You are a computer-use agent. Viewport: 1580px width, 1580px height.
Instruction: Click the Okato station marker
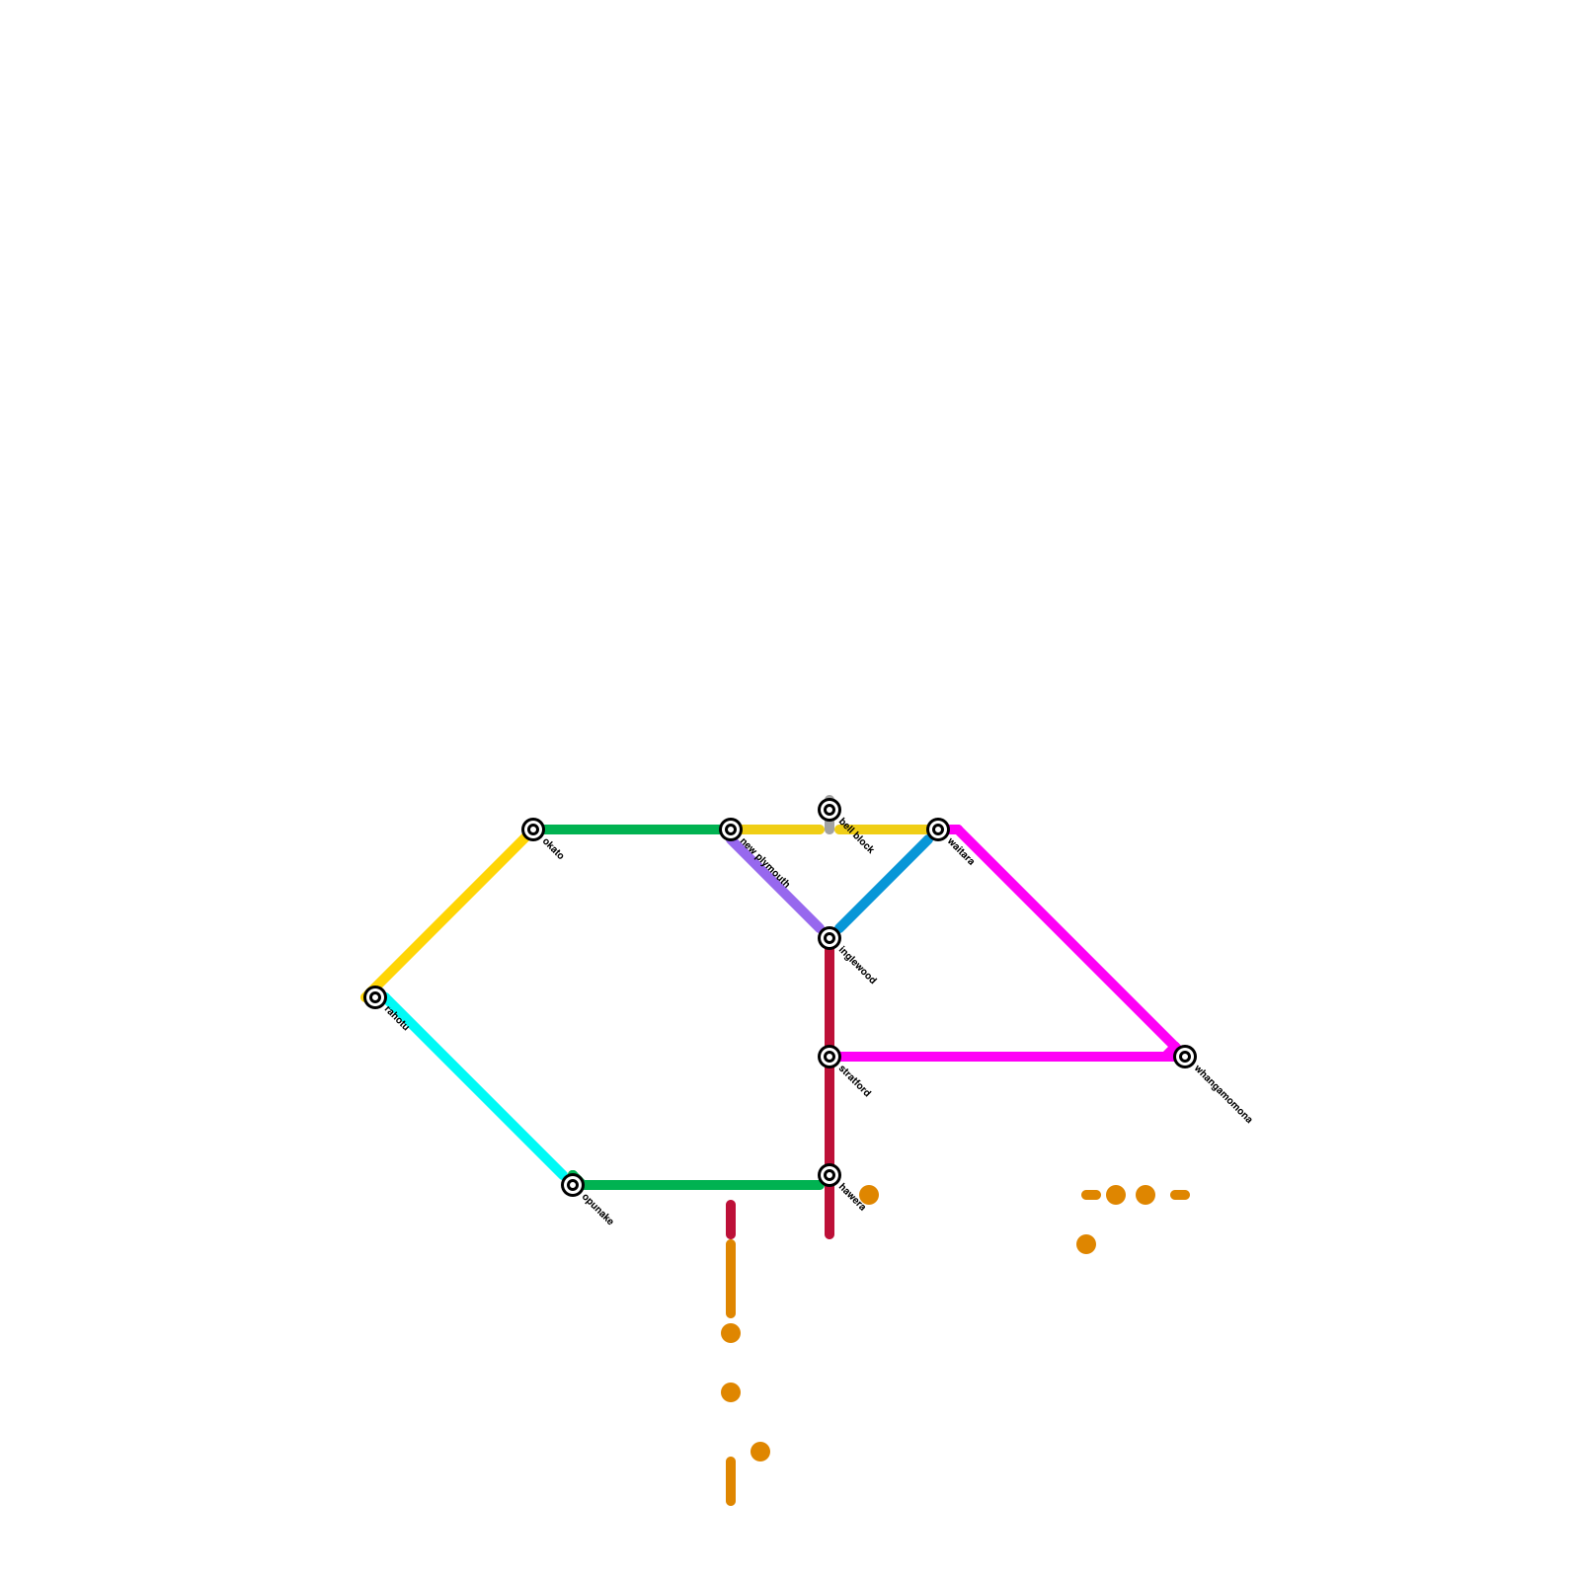coord(533,829)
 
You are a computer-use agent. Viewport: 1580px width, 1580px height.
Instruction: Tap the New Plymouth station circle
coord(731,829)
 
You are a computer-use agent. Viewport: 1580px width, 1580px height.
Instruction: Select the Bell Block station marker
coord(829,811)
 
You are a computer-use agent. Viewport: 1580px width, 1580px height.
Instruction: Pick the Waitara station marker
coord(938,829)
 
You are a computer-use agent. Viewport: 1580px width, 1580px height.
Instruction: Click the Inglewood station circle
coord(829,938)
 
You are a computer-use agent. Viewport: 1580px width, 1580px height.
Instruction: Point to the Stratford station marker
coord(829,1057)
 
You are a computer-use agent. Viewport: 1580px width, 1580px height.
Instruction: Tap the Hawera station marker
coord(829,1175)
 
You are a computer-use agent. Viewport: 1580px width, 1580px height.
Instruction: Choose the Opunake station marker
coord(573,1185)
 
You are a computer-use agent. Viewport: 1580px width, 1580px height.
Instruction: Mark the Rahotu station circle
coord(375,997)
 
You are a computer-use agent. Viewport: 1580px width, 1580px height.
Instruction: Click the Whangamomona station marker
coord(1185,1057)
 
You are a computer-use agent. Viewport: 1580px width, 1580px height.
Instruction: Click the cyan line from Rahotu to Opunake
coord(474,1091)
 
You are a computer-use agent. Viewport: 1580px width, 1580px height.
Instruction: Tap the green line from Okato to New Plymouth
coord(632,829)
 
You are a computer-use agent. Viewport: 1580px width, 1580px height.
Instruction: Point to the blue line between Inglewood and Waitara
coord(884,884)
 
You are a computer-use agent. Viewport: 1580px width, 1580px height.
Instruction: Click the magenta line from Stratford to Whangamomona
coord(1007,1057)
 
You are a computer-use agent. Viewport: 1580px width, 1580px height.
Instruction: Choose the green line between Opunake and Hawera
coord(701,1185)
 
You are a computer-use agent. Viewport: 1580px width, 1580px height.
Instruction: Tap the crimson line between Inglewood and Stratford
coord(829,997)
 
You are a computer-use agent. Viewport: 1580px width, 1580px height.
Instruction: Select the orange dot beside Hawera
coord(869,1195)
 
